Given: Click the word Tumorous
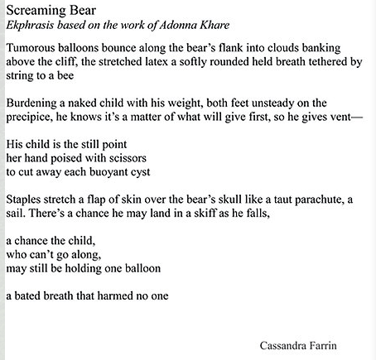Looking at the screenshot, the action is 34,48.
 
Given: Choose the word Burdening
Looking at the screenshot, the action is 35,103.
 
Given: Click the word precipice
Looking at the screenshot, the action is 30,118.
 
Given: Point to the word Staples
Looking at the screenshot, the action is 26,200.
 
